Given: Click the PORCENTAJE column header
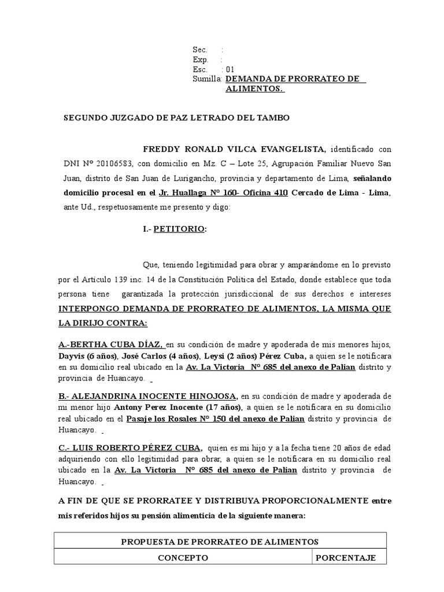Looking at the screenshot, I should [x=349, y=558].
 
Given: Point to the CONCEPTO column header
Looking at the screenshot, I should [x=184, y=558].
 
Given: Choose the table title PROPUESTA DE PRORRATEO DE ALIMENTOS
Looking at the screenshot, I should [x=220, y=542].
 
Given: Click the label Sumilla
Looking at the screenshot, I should [x=207, y=79].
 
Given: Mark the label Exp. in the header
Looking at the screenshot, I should [x=200, y=60].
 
